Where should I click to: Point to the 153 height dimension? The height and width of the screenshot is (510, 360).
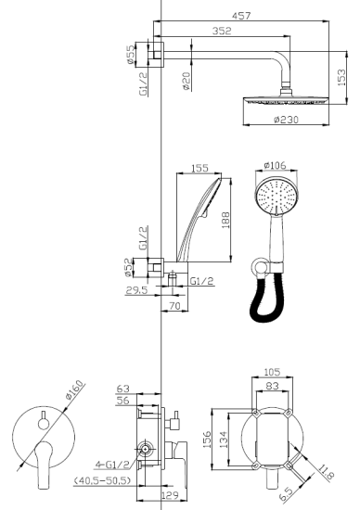[x=342, y=80]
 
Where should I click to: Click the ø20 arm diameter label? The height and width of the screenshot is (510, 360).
[x=186, y=83]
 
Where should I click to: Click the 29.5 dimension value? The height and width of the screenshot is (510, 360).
[x=138, y=290]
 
